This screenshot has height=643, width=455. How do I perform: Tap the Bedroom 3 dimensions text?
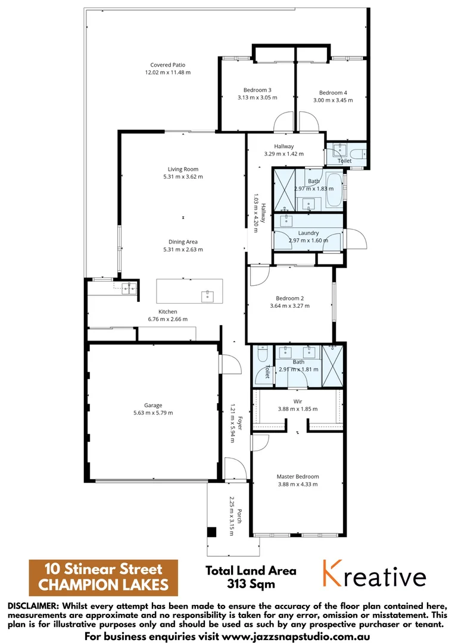coord(258,97)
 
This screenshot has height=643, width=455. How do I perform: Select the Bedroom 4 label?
coord(333,93)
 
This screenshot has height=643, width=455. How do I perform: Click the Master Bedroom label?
coord(298,476)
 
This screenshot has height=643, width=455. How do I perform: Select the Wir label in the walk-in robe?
coord(298,401)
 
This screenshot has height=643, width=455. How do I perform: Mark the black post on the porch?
coord(211,532)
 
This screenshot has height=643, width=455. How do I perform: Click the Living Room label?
coord(183,169)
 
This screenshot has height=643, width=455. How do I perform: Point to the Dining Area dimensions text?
coord(183,249)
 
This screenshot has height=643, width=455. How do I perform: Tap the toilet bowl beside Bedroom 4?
coord(356,157)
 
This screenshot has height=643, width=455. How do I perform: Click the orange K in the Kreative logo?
coord(334,574)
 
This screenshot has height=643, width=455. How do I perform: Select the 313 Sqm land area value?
coord(251,584)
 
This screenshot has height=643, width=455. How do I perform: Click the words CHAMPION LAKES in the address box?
coord(104,585)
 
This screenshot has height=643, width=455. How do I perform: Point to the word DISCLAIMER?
coord(33,605)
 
